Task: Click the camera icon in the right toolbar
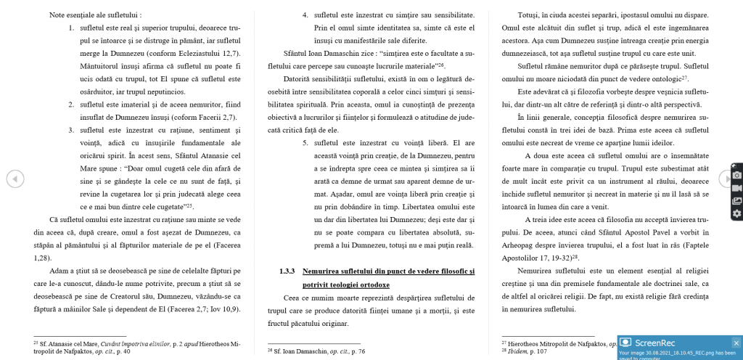736,174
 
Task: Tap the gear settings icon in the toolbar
736,213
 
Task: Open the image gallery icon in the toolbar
736,200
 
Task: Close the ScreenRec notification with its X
736,342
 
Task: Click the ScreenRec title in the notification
654,342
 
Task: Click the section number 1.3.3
287,271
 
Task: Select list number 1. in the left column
72,28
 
